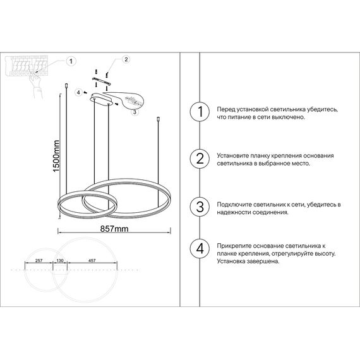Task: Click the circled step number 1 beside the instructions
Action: [x=200, y=112]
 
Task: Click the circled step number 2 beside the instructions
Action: [x=200, y=159]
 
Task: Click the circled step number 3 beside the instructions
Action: [x=200, y=208]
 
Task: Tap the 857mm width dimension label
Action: [x=114, y=228]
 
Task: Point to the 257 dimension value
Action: [x=38, y=260]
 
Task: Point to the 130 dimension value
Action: [x=61, y=260]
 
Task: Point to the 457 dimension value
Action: [x=92, y=260]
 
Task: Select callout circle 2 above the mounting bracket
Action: [x=126, y=60]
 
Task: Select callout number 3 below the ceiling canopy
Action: [x=135, y=111]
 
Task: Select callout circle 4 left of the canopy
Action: [x=78, y=92]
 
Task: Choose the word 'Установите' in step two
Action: [x=234, y=155]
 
